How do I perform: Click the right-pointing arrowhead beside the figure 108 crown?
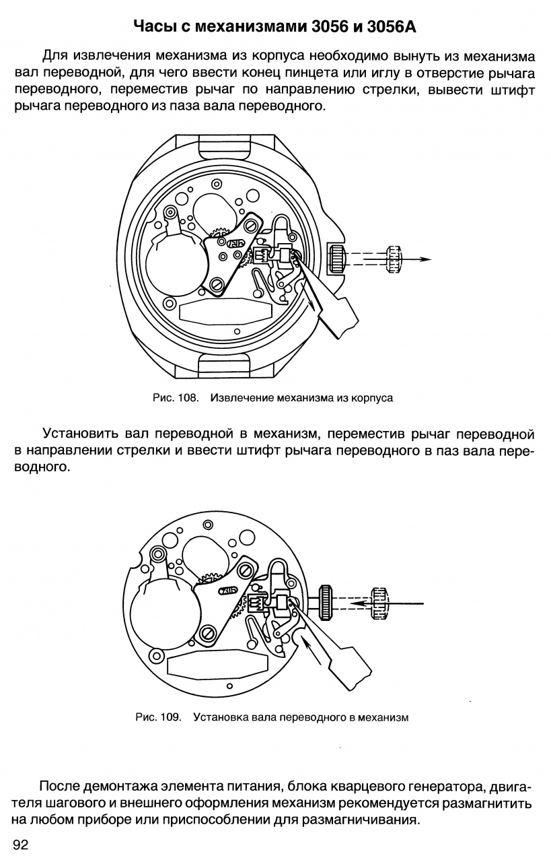point(423,259)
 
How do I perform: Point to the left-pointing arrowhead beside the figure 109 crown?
point(357,604)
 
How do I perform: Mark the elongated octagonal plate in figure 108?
point(225,310)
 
